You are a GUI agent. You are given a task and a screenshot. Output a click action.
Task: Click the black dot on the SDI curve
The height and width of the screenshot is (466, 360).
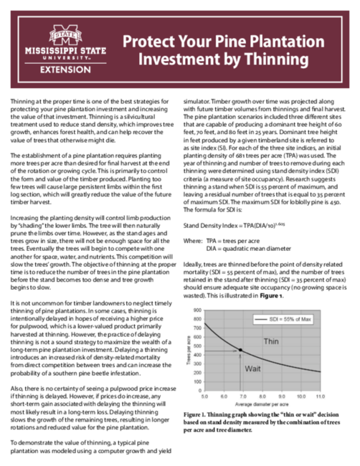tap(240, 349)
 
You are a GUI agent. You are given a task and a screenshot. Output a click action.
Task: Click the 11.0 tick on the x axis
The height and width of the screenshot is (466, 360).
tap(319, 395)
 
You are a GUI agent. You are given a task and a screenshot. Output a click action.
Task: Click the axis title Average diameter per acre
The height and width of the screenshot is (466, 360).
tap(260, 402)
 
